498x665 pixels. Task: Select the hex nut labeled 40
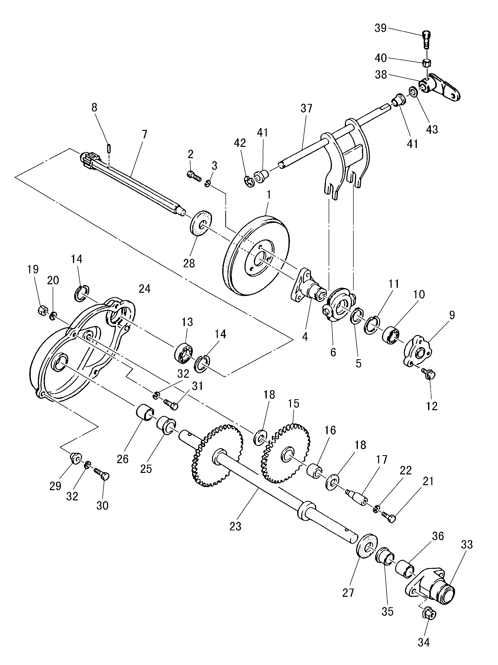427,63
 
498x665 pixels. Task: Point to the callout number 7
145,134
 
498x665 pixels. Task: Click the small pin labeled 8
109,148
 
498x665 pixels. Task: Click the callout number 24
145,289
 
